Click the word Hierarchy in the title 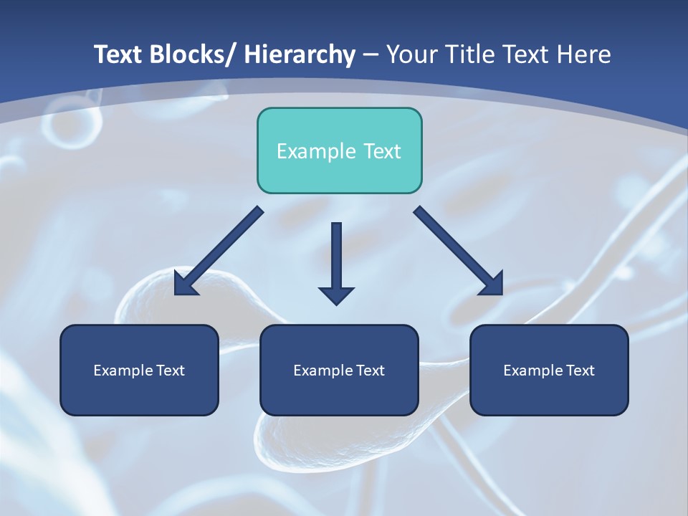pyautogui.click(x=300, y=54)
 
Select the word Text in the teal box pyautogui.click(x=381, y=151)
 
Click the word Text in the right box pyautogui.click(x=579, y=371)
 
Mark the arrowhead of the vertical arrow pyautogui.click(x=336, y=295)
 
